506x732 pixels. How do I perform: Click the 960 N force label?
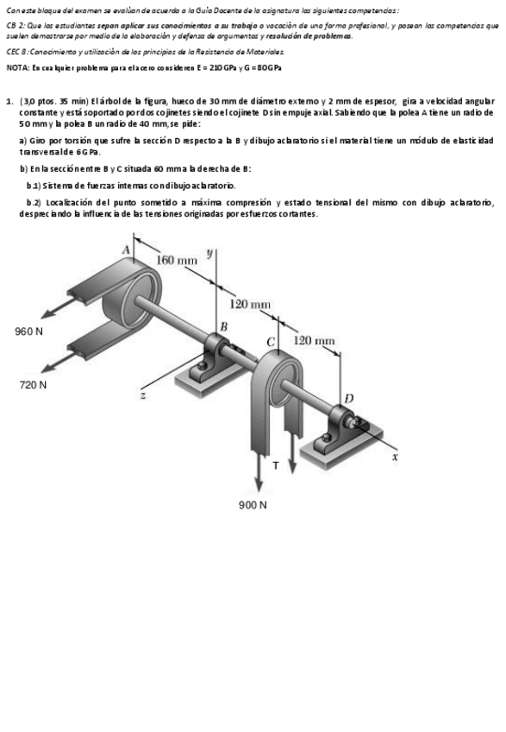[29, 331]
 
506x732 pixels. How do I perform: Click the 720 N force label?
[34, 384]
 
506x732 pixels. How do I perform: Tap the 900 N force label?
[253, 504]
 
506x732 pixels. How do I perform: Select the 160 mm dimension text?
[176, 261]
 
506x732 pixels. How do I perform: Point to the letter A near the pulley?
[126, 249]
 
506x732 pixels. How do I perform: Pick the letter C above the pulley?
[271, 343]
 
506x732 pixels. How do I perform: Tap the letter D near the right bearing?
[348, 397]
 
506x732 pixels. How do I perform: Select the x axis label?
[396, 457]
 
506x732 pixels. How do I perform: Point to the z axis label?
[143, 395]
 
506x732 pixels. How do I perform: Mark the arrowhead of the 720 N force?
[43, 364]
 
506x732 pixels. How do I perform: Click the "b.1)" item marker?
[36, 186]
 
